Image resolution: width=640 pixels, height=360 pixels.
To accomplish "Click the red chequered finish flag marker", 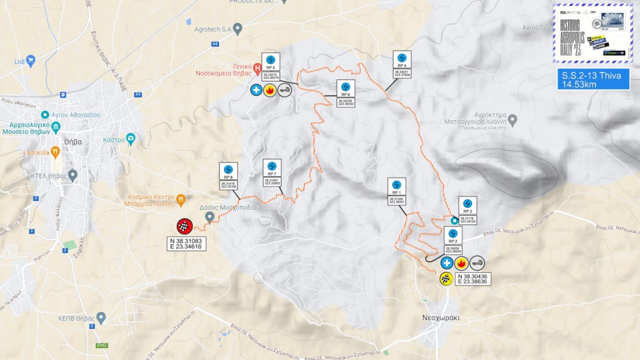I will pos(185,226).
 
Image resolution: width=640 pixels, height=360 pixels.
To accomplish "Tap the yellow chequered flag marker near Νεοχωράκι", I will pos(446,279).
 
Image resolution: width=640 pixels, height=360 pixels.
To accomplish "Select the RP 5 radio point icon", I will pos(271,60).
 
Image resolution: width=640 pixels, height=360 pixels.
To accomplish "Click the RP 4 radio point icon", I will pos(402,58).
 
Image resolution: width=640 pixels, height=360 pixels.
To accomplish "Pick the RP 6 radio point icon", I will pos(345,87).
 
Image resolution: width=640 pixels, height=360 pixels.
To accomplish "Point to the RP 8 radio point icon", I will pos(228,170).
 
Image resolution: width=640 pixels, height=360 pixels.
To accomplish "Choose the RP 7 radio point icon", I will pos(272,167).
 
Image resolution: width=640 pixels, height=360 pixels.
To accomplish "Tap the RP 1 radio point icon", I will pos(397,185).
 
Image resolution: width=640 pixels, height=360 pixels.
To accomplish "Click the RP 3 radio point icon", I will pos(467,204).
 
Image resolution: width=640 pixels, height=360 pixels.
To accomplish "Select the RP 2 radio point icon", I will pos(453,234).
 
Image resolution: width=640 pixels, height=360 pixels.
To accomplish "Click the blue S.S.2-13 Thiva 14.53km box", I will pos(593,80).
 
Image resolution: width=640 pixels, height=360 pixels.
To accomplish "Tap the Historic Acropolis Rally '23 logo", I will pos(592,33).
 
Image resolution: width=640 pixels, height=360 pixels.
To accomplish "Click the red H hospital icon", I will pos(257,67).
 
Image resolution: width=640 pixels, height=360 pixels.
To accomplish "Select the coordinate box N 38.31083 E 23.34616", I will pos(186,244).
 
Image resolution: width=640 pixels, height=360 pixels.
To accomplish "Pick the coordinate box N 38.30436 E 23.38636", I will pos(472,279).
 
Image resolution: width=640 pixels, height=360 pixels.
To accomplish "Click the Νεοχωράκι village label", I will pos(441,317).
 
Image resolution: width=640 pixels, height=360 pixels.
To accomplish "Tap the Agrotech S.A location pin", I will pos(237,29).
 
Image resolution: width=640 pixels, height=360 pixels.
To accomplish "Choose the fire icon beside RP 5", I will pos(270,90).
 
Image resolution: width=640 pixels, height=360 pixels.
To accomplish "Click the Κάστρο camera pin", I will pos(131,139).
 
